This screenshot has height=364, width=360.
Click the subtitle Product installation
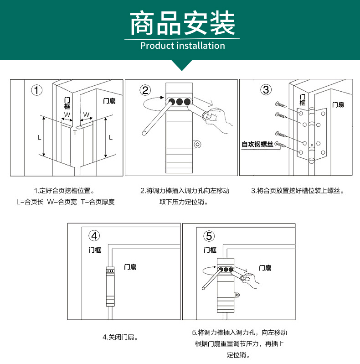pos(182,46)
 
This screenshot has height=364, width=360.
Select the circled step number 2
pos(145,90)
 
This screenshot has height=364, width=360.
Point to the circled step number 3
pos(266,89)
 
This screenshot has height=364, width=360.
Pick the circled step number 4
pos(94,236)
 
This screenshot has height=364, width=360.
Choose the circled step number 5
pos(209,236)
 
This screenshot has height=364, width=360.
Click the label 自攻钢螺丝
pos(257,145)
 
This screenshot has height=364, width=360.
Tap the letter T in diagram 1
pos(75,133)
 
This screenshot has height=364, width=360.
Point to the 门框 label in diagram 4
pos(95,250)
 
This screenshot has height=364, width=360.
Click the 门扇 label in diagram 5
pos(265,268)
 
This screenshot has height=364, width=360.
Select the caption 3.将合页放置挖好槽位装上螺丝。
pos(298,191)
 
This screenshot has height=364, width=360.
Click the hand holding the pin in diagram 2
pos(219,120)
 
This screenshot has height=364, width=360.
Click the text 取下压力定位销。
pos(184,202)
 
